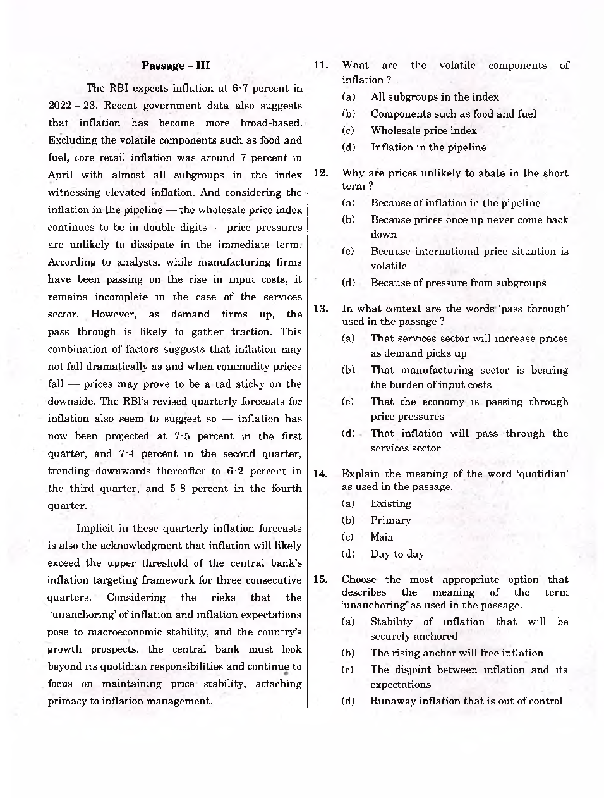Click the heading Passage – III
(x=175, y=66)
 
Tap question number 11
(x=321, y=65)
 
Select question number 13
(x=321, y=309)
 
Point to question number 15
(x=321, y=579)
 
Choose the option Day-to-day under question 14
(x=397, y=554)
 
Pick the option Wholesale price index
(x=423, y=130)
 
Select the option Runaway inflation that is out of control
(x=466, y=701)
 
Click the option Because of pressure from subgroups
(x=458, y=283)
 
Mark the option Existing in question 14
(x=390, y=503)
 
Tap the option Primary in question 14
(x=390, y=520)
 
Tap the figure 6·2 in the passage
(x=239, y=471)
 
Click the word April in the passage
(x=61, y=175)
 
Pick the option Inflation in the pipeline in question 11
(x=428, y=147)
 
